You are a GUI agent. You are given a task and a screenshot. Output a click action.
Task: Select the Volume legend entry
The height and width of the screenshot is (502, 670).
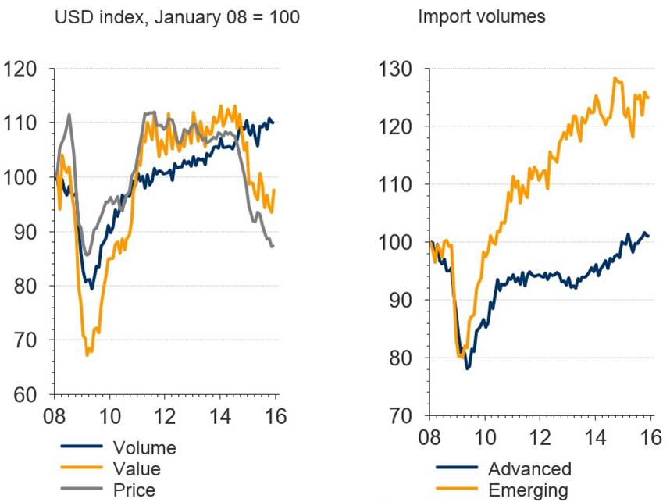pos(144,447)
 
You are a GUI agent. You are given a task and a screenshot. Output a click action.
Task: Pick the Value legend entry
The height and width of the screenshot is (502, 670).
pos(137,468)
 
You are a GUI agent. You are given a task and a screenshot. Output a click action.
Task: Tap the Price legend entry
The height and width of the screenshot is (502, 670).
pos(134,490)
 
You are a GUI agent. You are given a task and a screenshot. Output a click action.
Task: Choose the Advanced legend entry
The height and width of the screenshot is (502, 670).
pos(529,468)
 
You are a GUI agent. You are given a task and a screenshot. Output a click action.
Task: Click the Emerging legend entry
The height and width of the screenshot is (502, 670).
pos(529,490)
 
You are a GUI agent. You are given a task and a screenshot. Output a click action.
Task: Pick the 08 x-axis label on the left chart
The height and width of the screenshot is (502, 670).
pos(54,415)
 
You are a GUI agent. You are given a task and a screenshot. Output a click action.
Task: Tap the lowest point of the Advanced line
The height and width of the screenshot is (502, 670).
pos(468,368)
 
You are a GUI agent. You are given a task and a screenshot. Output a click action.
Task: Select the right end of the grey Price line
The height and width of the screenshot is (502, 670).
pos(273,246)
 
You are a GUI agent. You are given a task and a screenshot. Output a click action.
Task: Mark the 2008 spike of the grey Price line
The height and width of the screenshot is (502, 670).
pos(69,114)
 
